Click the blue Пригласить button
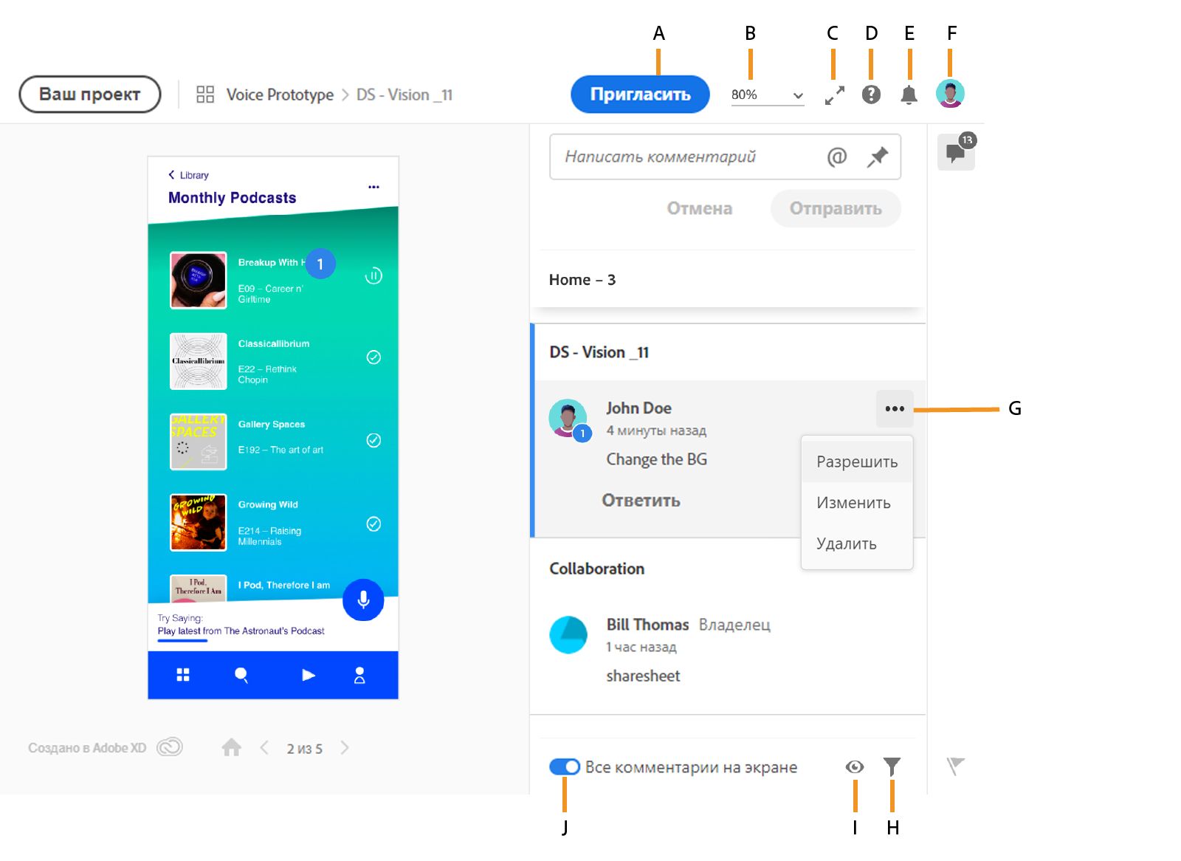pos(640,95)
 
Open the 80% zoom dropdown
pos(767,95)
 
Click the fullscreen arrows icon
pos(835,95)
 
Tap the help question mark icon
pos(871,95)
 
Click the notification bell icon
pos(909,95)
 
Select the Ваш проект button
pos(89,95)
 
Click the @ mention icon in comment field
pos(837,157)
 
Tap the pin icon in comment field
pos(878,157)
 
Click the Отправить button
pos(836,208)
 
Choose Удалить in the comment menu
pos(846,544)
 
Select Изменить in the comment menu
pos(853,503)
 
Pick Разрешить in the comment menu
pos(857,462)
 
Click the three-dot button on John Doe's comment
pos(895,409)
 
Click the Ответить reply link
pos(641,500)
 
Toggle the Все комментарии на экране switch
pos(564,766)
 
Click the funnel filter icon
pos(892,766)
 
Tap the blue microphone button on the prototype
pos(363,600)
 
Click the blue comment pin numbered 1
pos(320,264)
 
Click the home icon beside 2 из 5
pos(232,747)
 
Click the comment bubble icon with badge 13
pos(956,152)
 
